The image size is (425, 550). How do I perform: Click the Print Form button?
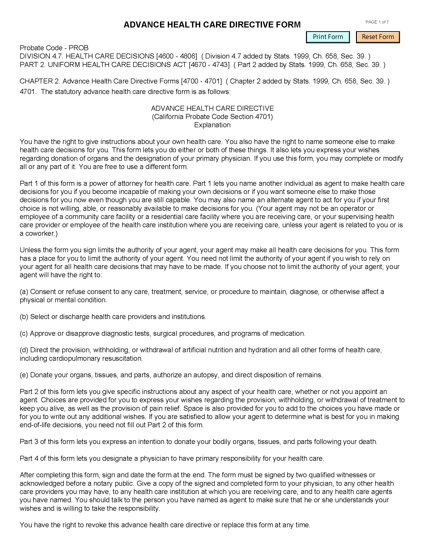point(327,37)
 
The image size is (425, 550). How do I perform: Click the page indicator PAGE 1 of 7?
point(377,22)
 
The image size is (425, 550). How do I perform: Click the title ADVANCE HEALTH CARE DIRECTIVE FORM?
point(212,25)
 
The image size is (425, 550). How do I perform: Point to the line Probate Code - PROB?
point(54,48)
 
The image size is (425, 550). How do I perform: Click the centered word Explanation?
point(212,125)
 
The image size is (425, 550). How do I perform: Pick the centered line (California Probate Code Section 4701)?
point(212,117)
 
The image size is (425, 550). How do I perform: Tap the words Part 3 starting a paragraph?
point(29,442)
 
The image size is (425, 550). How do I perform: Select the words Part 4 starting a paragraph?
point(29,458)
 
